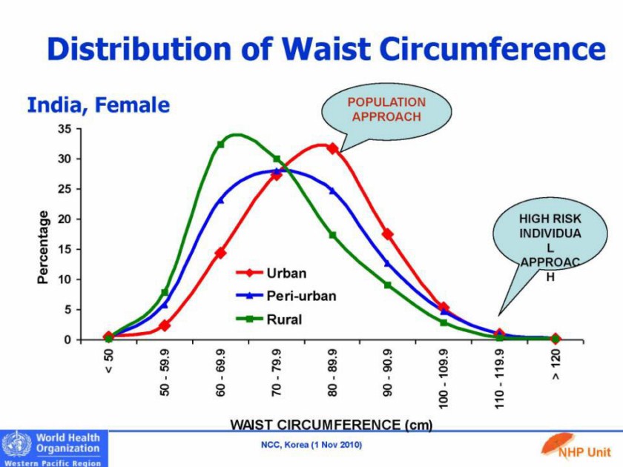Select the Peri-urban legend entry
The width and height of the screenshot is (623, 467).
(x=300, y=296)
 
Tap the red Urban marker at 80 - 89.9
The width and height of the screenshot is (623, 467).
(x=332, y=148)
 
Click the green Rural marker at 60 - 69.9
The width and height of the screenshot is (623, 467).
(x=220, y=144)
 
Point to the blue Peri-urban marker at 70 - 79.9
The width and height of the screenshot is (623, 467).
(x=277, y=171)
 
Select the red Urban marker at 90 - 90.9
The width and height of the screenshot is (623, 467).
(x=387, y=233)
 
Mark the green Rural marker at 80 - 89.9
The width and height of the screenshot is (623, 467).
(x=332, y=236)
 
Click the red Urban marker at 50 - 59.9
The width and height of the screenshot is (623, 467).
(x=165, y=325)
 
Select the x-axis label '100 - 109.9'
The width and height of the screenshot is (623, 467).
(x=444, y=380)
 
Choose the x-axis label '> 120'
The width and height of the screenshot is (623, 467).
(x=556, y=365)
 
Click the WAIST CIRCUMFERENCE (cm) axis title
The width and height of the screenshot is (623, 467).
(x=332, y=425)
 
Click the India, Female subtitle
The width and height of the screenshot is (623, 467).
(x=98, y=105)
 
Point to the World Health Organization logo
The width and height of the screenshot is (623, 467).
(x=53, y=448)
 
